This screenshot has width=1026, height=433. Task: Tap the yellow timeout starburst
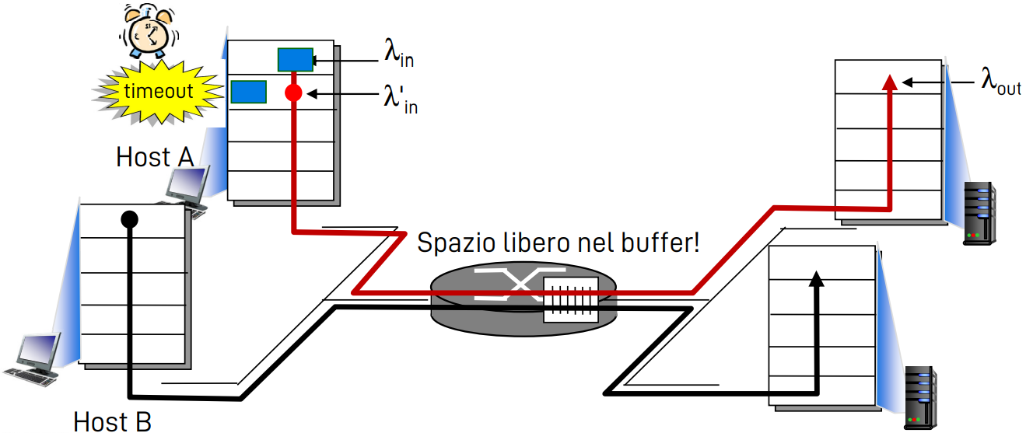tap(158, 91)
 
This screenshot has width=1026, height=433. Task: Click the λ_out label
tap(1000, 82)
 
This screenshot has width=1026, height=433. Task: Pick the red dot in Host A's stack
tap(293, 94)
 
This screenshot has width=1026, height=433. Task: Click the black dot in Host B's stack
tap(129, 219)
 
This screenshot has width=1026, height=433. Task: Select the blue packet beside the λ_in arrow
tap(296, 59)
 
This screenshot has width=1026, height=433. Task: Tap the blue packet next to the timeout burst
tap(249, 92)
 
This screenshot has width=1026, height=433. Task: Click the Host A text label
tap(154, 157)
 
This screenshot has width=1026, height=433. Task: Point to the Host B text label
tap(112, 421)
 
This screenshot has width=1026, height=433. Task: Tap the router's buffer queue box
tap(570, 299)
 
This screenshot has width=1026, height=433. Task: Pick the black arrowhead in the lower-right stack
tap(816, 280)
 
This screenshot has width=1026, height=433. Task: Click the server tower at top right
tap(979, 213)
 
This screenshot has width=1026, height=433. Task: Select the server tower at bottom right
tap(920, 397)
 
